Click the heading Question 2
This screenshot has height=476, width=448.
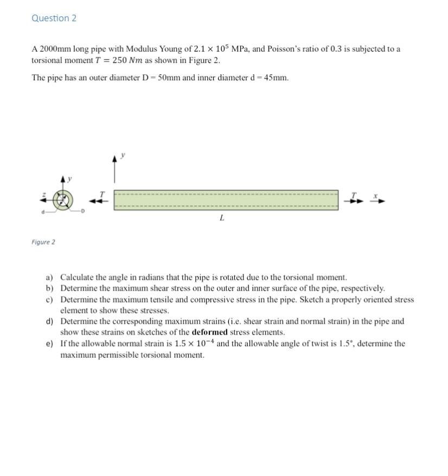click(54, 18)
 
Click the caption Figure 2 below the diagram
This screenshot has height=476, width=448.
click(43, 242)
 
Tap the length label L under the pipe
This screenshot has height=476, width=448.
click(222, 218)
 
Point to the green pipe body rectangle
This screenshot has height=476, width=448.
click(226, 200)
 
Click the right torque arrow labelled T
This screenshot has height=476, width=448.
click(354, 200)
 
